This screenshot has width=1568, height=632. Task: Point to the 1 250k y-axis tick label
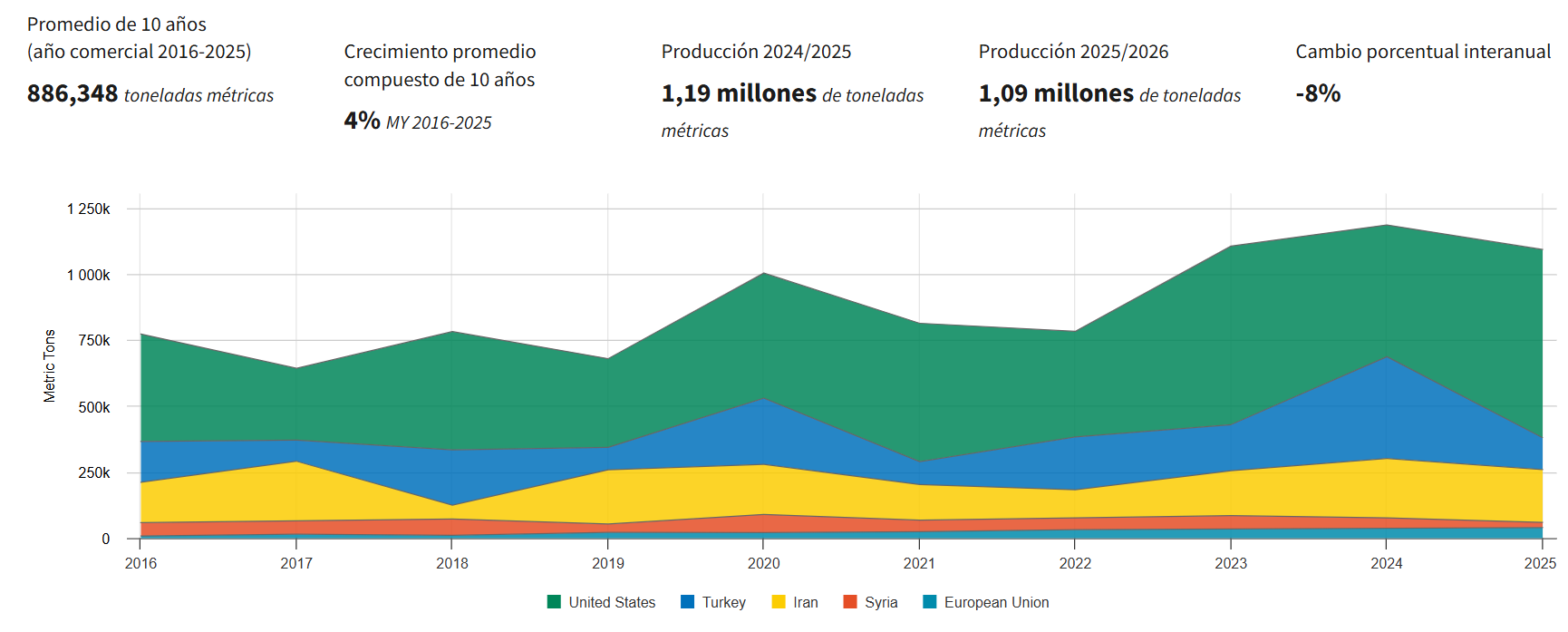88,209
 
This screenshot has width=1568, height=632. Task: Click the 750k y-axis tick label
94,340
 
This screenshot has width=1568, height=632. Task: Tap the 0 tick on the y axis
106,539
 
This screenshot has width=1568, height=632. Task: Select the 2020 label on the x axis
763,563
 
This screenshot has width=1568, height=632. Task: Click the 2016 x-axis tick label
140,563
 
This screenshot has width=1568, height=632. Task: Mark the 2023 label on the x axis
1231,563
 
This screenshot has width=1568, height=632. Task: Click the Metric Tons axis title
50,365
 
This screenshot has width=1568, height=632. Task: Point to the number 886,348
73,93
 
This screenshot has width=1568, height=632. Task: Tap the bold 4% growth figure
362,121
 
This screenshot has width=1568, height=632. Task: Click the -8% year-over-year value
1318,93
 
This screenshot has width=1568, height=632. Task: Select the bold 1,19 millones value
739,93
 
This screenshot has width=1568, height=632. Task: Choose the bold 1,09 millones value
1056,93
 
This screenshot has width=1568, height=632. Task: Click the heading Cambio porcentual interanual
1423,52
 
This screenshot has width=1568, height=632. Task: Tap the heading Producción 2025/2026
1073,52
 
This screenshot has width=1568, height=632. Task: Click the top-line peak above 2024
1387,225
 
